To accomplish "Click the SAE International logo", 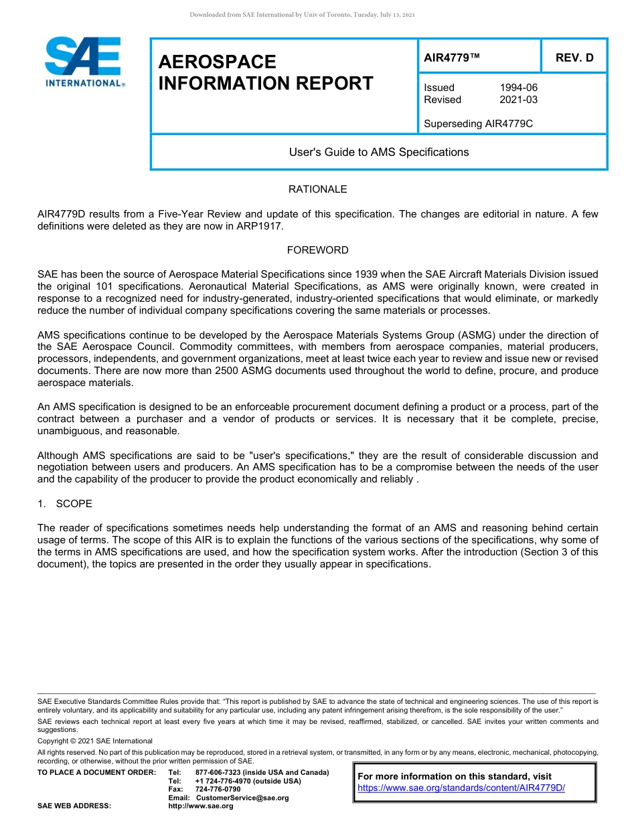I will (84, 62).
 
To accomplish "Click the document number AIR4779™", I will (452, 58).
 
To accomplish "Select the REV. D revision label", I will (574, 58).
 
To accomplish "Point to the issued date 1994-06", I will (518, 88).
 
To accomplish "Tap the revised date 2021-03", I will (518, 100).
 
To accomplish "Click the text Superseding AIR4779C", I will (478, 124).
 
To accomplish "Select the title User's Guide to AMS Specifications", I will (378, 152).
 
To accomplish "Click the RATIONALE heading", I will (317, 189).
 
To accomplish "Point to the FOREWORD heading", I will (317, 250).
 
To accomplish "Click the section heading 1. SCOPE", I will (65, 503).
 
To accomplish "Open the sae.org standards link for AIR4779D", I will (461, 788).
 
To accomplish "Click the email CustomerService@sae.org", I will (242, 798).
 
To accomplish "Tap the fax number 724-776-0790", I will (218, 790).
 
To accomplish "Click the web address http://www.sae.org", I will (201, 806).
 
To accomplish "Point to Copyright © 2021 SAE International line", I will (95, 741).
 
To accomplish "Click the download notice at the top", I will (303, 15).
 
